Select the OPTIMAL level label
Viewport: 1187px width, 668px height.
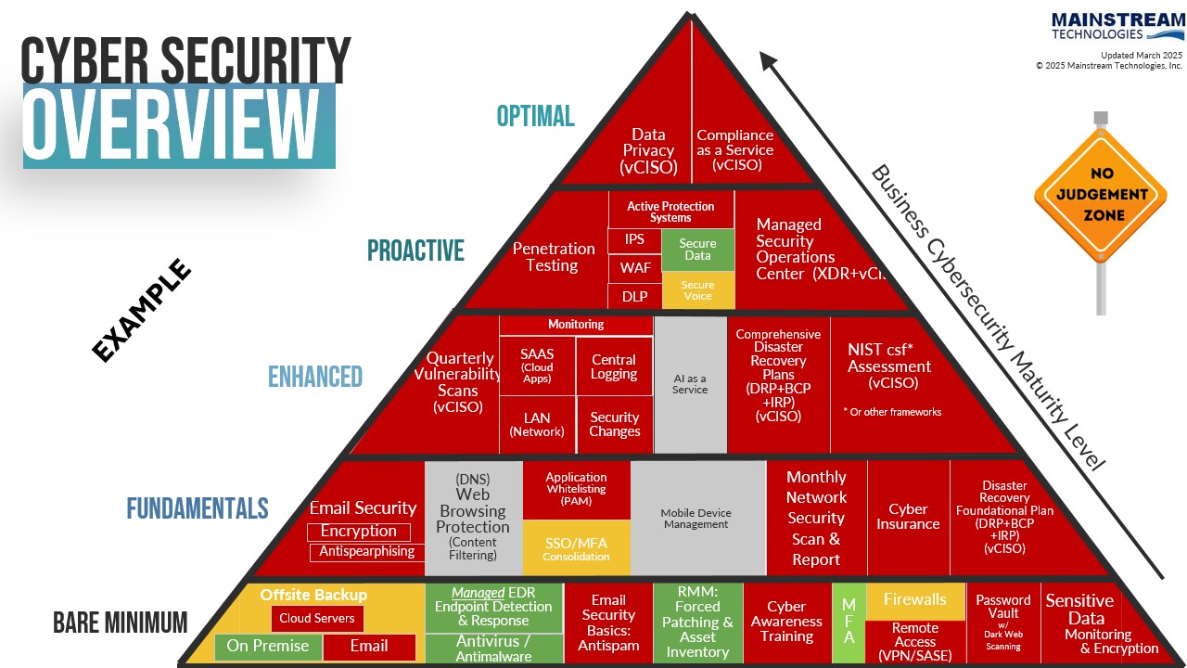(x=535, y=116)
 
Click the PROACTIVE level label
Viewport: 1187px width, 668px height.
(x=415, y=250)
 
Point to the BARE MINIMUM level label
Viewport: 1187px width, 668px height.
(x=120, y=623)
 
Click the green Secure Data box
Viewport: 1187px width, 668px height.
(x=697, y=250)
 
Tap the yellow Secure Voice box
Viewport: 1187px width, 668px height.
(x=697, y=290)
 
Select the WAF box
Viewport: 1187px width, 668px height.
(x=635, y=268)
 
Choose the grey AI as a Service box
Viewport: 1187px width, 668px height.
(x=690, y=384)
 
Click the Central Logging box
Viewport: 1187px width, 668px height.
(x=614, y=366)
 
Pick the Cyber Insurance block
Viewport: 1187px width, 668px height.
(x=908, y=516)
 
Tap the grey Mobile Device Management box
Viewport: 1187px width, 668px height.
(x=696, y=518)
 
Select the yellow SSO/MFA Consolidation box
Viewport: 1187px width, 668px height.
(x=576, y=548)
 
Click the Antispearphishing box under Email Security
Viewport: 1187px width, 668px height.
(x=366, y=552)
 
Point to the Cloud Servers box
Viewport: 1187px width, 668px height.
(x=317, y=619)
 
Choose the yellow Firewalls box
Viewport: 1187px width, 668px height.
(x=914, y=599)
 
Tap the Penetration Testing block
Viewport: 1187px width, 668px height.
(x=553, y=257)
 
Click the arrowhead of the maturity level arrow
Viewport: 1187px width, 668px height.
(x=768, y=60)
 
